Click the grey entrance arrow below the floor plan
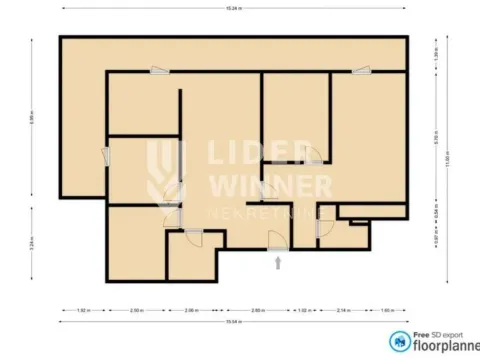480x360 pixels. coord(278,262)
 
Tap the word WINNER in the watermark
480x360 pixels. coord(269,186)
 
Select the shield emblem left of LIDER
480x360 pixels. coord(166,172)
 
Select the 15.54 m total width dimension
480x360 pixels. coord(233,322)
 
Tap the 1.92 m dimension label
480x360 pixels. coord(83,310)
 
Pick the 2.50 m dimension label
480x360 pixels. coord(137,310)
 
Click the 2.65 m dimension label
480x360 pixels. coord(257,310)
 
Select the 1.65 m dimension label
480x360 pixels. coord(387,310)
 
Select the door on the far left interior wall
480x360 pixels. coord(107,155)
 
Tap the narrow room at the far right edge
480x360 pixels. coord(373,210)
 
